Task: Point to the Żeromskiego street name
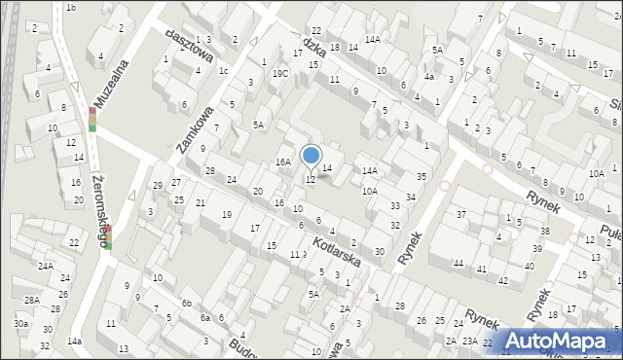pos(95,200)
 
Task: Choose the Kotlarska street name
pos(337,249)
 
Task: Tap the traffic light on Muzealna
pos(92,119)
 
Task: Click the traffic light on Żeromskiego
pos(108,236)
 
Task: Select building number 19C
pos(280,73)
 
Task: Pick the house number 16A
pos(283,162)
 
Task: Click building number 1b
pos(71,8)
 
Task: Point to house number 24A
pos(45,266)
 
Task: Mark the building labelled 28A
pos(32,300)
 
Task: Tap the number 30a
pos(20,323)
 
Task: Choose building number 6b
pos(185,304)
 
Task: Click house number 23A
pos(469,341)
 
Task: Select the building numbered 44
pos(458,264)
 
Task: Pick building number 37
pos(461,214)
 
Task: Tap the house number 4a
pos(428,76)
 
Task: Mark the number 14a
pos(74,342)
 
